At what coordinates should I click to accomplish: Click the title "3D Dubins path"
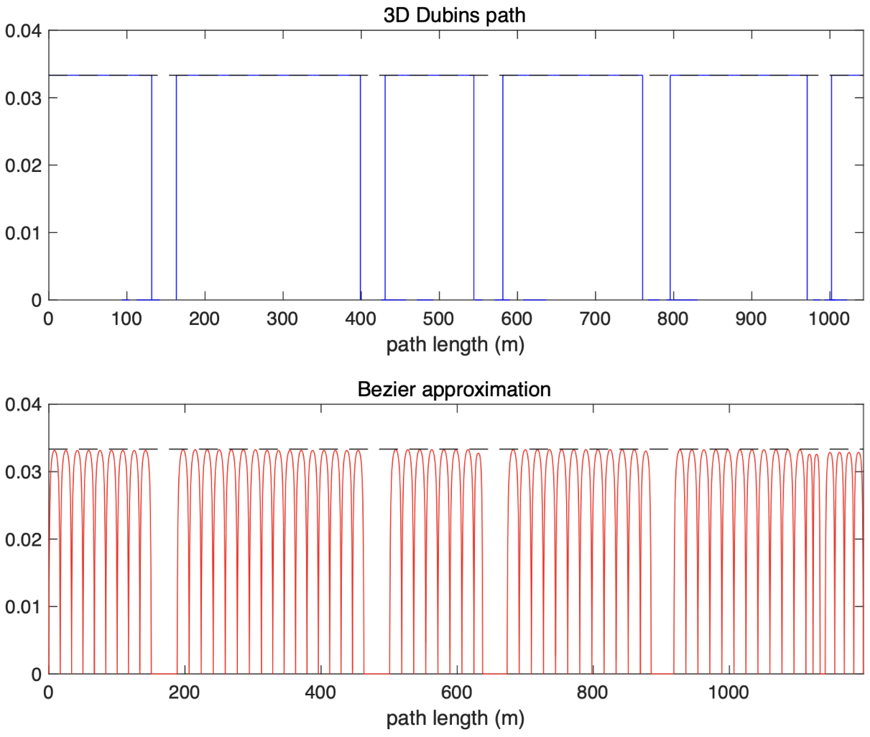click(455, 15)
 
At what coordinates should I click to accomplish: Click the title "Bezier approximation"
click(454, 390)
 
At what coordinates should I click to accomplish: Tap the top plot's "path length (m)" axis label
click(455, 344)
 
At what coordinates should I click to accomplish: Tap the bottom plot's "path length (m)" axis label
click(455, 718)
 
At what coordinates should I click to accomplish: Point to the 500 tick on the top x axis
click(439, 319)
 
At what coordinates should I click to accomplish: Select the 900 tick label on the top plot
click(751, 319)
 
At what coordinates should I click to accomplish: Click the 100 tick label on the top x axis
click(126, 319)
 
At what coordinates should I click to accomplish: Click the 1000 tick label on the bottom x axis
click(728, 692)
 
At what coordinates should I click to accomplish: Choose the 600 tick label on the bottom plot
click(456, 692)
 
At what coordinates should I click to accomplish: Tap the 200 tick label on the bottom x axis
click(185, 692)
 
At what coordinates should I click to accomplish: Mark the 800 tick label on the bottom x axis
click(593, 692)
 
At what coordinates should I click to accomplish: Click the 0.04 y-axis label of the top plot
click(23, 31)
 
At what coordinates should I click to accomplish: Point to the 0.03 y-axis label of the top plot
click(23, 98)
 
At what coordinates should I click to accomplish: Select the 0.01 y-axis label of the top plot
click(23, 233)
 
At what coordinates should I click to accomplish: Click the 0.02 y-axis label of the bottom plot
click(23, 539)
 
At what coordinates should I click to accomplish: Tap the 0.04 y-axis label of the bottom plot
click(23, 405)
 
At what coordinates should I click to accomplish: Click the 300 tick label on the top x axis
click(282, 319)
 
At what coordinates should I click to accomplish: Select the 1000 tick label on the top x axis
click(829, 319)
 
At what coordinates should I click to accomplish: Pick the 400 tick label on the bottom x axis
click(320, 692)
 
